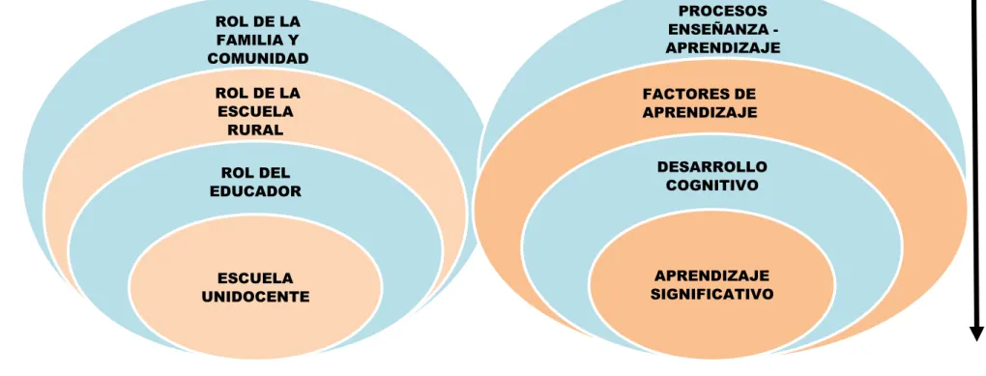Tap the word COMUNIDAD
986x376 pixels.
pyautogui.click(x=258, y=58)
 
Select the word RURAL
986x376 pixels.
pyautogui.click(x=254, y=130)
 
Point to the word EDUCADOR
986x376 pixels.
pyautogui.click(x=255, y=191)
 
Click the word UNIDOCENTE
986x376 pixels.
pyautogui.click(x=255, y=296)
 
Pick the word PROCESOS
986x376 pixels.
pyautogui.click(x=723, y=12)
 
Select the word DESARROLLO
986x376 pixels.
pyautogui.click(x=711, y=166)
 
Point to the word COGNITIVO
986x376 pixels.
pyautogui.click(x=711, y=186)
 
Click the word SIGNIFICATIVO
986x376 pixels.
pyautogui.click(x=711, y=294)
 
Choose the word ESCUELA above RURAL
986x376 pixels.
pyautogui.click(x=255, y=112)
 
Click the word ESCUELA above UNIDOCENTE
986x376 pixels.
pyautogui.click(x=255, y=278)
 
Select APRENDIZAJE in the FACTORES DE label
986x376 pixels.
pyautogui.click(x=700, y=112)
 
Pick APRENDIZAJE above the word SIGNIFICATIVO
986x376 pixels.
pyautogui.click(x=711, y=275)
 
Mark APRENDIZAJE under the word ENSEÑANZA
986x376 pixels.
pyautogui.click(x=723, y=47)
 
